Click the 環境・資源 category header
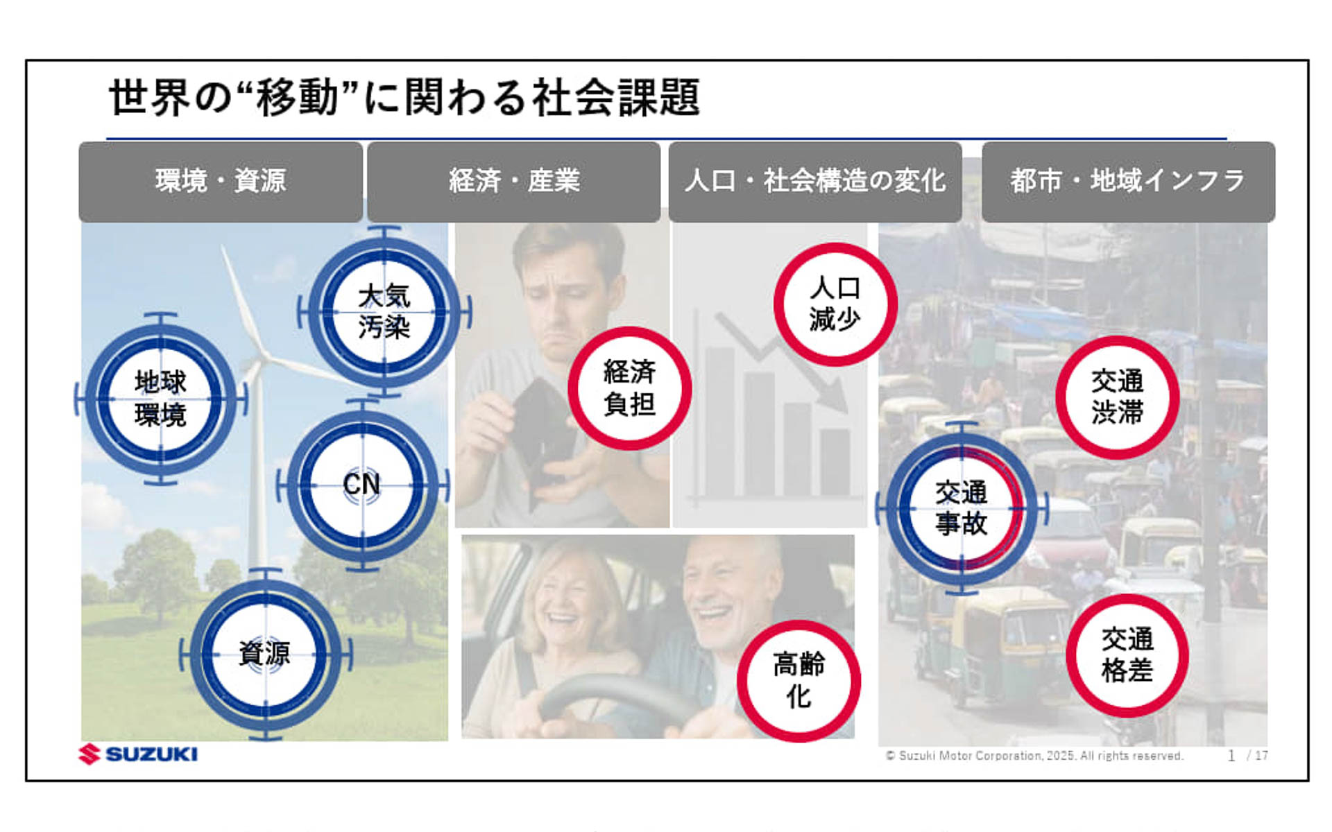221,182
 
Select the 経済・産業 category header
513,182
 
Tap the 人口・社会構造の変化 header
815,182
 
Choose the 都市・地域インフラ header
1128,182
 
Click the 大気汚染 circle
384,312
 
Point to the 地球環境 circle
160,399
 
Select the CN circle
362,485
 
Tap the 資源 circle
265,654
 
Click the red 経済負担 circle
629,388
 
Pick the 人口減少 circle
835,304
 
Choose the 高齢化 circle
799,681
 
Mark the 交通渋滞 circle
1117,397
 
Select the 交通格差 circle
1127,655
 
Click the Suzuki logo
139,754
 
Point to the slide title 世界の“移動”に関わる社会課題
404,97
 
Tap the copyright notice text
1034,756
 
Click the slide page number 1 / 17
1247,756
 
